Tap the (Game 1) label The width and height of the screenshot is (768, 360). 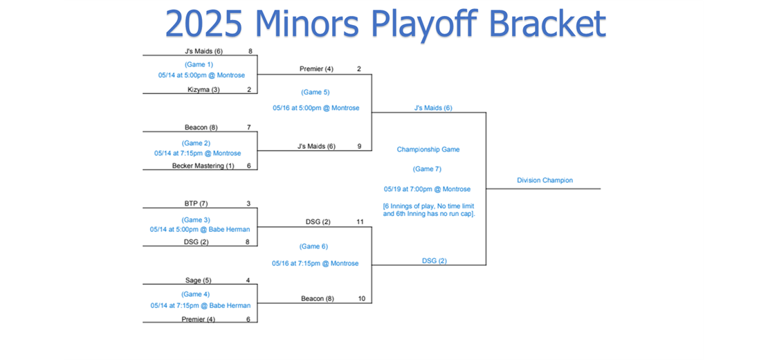click(x=199, y=64)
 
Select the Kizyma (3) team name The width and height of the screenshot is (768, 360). click(x=203, y=89)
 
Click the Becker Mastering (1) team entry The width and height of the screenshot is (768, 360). click(x=203, y=165)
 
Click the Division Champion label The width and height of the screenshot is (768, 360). click(x=545, y=180)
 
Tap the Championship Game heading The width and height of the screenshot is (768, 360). click(x=428, y=150)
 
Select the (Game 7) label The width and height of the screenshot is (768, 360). click(x=427, y=169)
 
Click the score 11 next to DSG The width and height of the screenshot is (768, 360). click(x=360, y=222)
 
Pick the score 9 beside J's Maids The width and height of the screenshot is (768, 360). click(x=359, y=145)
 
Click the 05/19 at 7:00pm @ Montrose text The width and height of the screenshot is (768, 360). click(x=427, y=189)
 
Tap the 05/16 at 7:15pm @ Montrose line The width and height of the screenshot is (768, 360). click(x=316, y=264)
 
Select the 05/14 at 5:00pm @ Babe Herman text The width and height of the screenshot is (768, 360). click(x=200, y=228)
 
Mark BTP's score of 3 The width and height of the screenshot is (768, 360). click(x=249, y=204)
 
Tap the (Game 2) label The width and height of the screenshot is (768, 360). click(x=196, y=143)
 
